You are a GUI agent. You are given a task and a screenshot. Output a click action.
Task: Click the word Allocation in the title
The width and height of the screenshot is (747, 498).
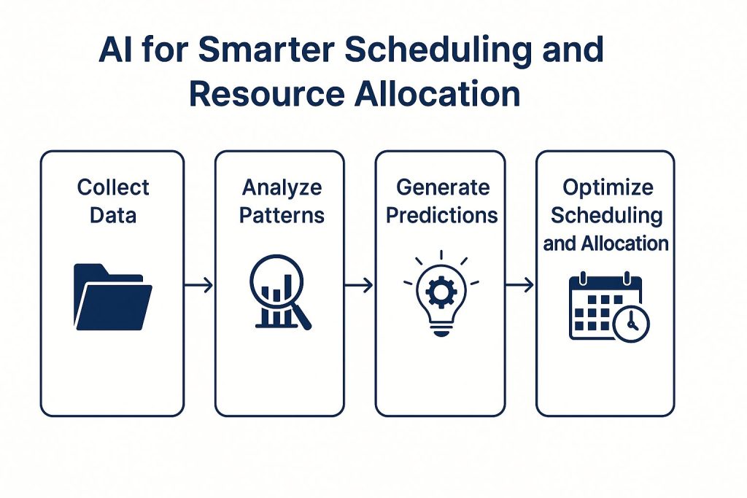click(438, 95)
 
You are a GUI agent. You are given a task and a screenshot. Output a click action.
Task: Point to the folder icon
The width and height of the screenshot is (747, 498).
click(112, 297)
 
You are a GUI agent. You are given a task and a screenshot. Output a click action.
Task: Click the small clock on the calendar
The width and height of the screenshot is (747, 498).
click(630, 323)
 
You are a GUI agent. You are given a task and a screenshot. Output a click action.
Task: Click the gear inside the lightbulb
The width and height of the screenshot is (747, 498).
click(441, 291)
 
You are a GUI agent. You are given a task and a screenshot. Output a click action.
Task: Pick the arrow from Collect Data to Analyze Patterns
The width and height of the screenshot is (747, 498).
click(199, 285)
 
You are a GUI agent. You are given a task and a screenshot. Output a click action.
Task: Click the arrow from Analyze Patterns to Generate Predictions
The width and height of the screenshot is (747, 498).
click(359, 285)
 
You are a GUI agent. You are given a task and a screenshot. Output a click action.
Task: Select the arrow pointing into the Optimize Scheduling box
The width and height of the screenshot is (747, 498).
click(520, 285)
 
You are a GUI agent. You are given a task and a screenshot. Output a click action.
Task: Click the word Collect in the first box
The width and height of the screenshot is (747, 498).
click(113, 188)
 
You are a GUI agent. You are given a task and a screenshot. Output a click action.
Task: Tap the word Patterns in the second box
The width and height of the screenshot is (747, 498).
click(282, 215)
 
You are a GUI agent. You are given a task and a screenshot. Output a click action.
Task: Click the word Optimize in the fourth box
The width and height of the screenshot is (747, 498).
click(606, 188)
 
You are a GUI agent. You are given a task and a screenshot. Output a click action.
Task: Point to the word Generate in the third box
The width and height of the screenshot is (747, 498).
click(442, 188)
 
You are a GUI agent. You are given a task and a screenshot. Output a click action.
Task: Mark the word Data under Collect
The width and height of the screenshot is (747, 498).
click(113, 216)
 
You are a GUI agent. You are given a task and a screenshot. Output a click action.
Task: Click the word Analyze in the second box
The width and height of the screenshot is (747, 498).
click(282, 188)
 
